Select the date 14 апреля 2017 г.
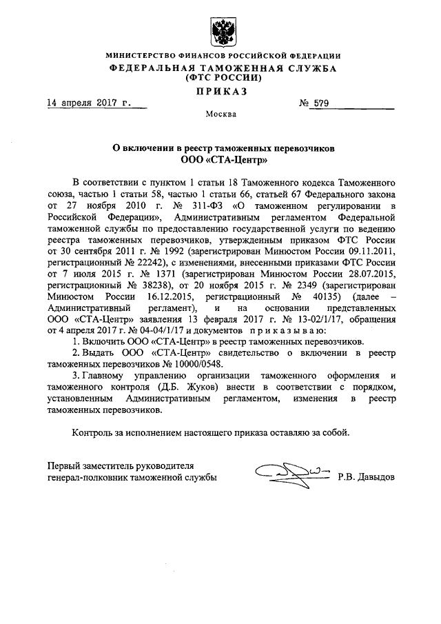coord(88,104)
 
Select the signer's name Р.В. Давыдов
coord(367,476)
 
